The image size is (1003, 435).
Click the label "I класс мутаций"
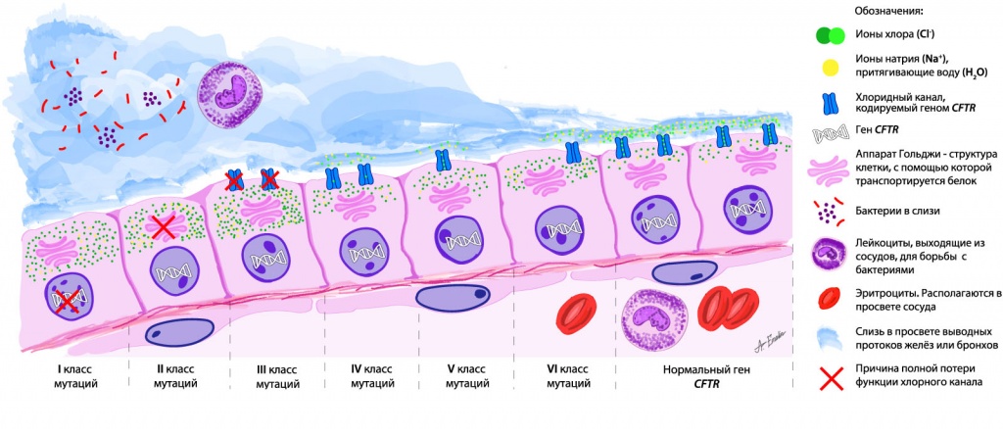tap(67, 376)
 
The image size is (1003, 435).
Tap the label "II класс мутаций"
tap(175, 376)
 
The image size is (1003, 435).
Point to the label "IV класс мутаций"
tap(371, 376)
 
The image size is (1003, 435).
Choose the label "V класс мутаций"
tap(468, 376)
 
